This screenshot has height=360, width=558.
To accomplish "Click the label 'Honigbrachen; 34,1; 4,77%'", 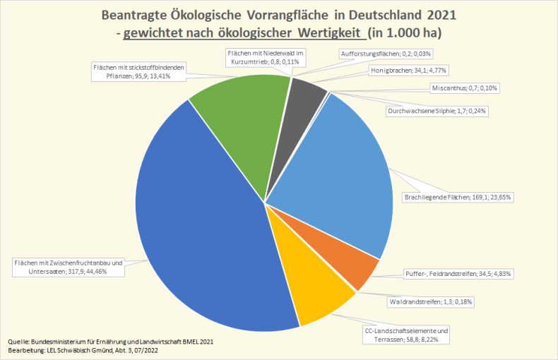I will [x=409, y=71].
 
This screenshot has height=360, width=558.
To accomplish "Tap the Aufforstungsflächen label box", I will [x=396, y=54].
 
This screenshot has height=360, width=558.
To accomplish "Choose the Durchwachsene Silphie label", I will [x=437, y=111].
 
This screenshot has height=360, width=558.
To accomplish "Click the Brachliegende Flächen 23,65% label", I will [x=457, y=198].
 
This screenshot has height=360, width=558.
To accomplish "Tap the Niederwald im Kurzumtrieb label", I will [x=265, y=57].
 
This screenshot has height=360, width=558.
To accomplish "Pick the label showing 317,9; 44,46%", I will [x=68, y=267].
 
